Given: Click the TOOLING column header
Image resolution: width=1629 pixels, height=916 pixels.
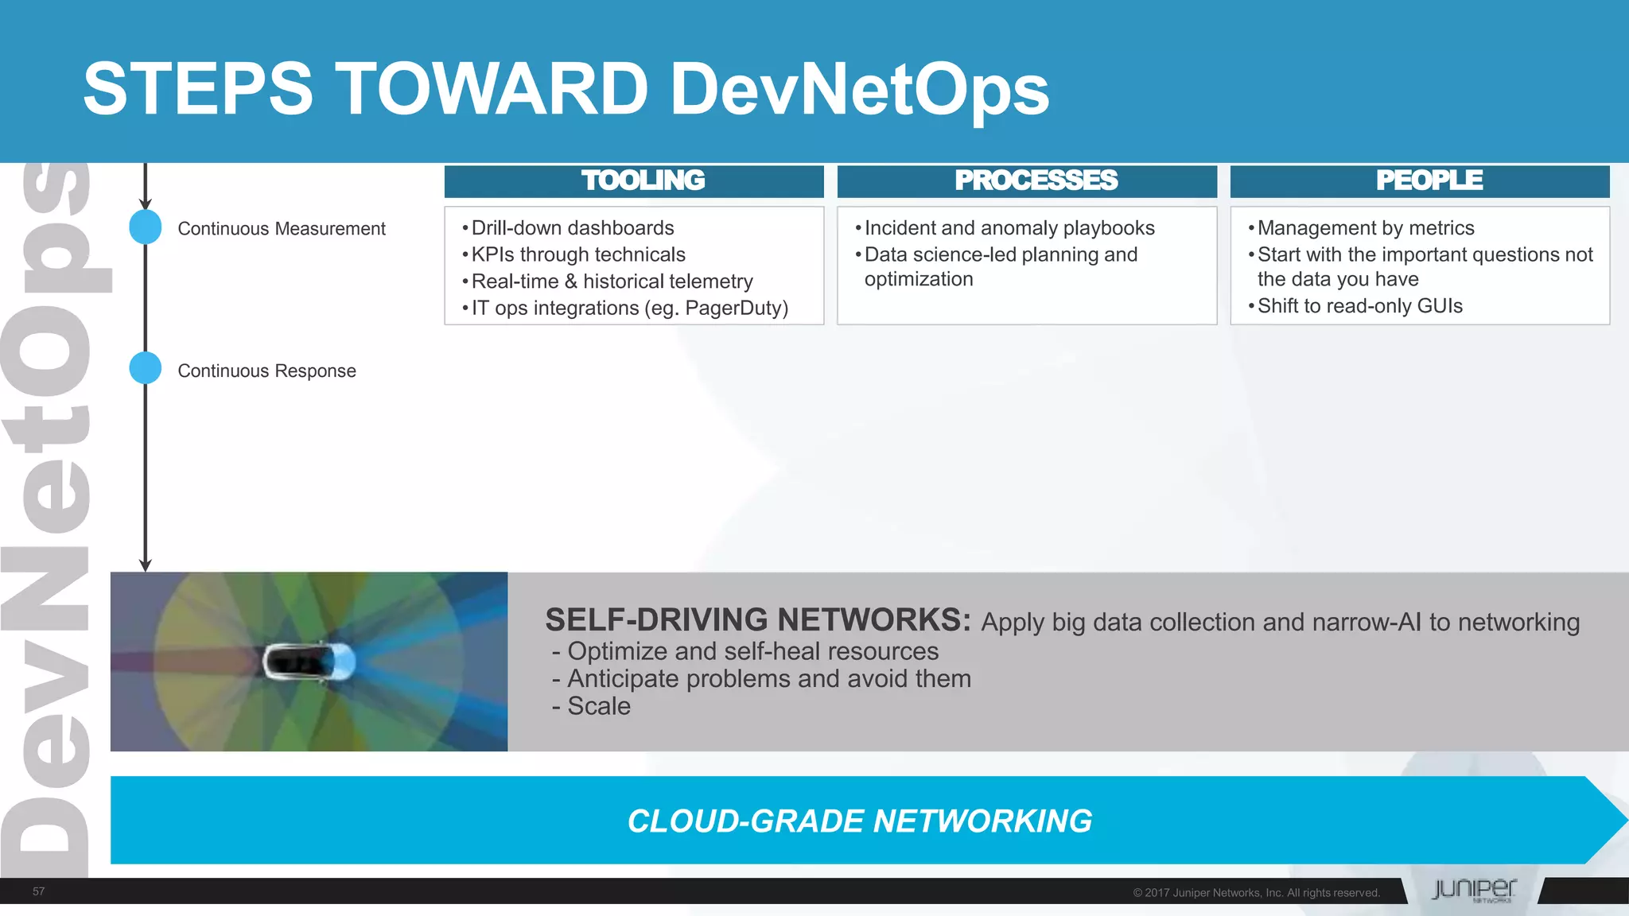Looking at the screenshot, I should (643, 180).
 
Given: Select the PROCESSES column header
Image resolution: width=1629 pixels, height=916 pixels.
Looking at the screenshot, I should (1036, 180).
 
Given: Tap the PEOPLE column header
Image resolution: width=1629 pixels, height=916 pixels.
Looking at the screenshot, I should (1429, 180).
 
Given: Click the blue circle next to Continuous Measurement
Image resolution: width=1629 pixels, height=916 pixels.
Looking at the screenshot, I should (146, 227).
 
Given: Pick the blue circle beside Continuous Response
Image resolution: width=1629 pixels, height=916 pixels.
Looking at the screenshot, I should (146, 368).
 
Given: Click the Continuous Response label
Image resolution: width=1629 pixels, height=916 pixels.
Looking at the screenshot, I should (266, 371).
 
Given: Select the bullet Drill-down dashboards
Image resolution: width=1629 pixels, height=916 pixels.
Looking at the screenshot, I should (572, 228).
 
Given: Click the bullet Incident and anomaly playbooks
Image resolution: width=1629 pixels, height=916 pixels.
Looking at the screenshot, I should (1009, 228).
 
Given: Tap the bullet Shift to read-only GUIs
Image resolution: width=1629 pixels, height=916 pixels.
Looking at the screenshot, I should (1359, 306).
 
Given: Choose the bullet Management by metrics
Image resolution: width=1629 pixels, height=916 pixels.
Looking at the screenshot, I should (1365, 228).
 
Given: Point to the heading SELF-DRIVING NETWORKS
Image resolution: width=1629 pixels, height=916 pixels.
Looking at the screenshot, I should (757, 619).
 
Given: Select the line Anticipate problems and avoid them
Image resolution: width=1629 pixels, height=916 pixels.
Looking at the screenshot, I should (768, 679).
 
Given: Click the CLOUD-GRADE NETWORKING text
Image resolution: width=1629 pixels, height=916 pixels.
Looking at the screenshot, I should (859, 821).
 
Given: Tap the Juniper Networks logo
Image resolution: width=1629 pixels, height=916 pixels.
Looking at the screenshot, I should (1473, 890).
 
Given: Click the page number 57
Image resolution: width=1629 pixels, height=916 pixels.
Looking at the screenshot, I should (38, 891).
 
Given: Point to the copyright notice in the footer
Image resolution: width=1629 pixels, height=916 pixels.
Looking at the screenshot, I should (1256, 893).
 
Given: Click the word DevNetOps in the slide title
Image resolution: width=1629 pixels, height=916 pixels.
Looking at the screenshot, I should (859, 89).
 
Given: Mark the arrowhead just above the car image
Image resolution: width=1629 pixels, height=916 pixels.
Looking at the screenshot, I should (146, 565).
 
